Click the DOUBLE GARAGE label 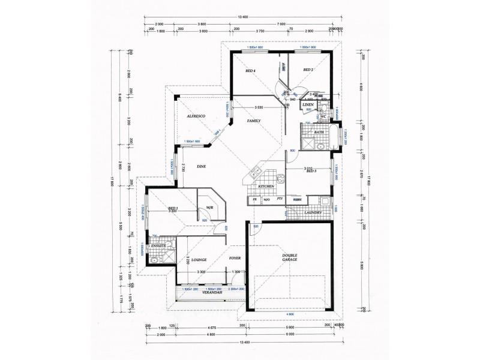pyautogui.click(x=291, y=258)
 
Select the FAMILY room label pyautogui.click(x=254, y=121)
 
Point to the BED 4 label pyautogui.click(x=251, y=71)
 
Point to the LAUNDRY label pyautogui.click(x=313, y=212)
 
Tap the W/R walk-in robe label pyautogui.click(x=209, y=208)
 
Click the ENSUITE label pyautogui.click(x=158, y=246)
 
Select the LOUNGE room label pyautogui.click(x=200, y=260)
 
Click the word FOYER pyautogui.click(x=235, y=258)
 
